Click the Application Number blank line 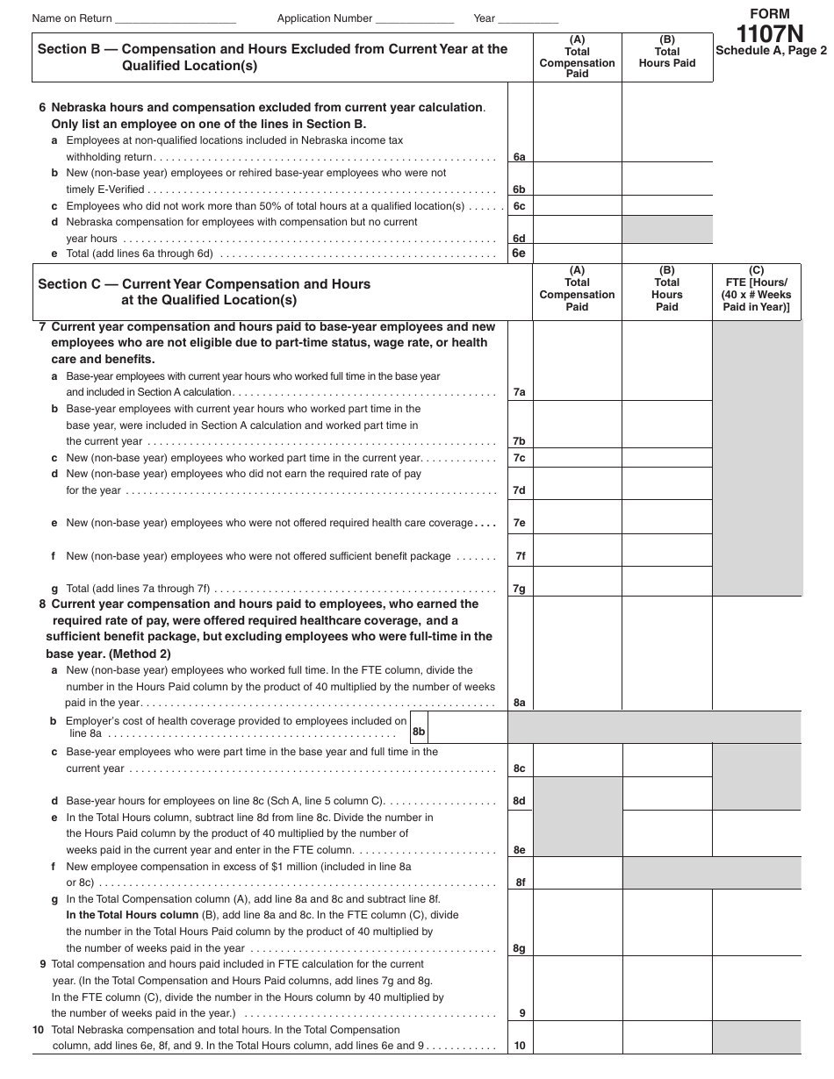[x=413, y=18]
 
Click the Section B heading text [x=272, y=57]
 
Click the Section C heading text [x=204, y=292]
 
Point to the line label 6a [x=519, y=157]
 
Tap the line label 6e [x=519, y=254]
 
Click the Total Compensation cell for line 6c [x=577, y=205]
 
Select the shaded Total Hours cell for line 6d [x=667, y=230]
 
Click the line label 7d [x=519, y=490]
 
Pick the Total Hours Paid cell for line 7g [x=667, y=581]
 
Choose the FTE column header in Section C [x=756, y=289]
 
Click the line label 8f [x=519, y=882]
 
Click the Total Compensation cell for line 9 [x=577, y=997]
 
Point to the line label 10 [x=520, y=1045]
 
